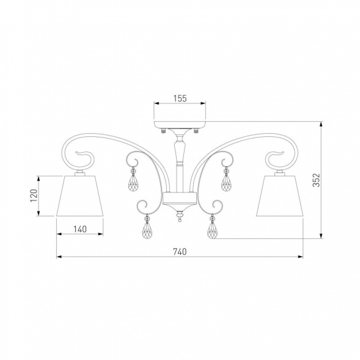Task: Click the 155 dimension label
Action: [180, 98]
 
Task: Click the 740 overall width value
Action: [180, 252]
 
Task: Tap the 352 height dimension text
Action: [317, 180]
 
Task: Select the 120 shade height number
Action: [34, 196]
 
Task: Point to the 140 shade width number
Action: [80, 229]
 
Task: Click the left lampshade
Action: [79, 196]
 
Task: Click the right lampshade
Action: [280, 196]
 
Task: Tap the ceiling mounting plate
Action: [180, 125]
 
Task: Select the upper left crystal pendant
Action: [133, 180]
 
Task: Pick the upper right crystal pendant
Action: [227, 180]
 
